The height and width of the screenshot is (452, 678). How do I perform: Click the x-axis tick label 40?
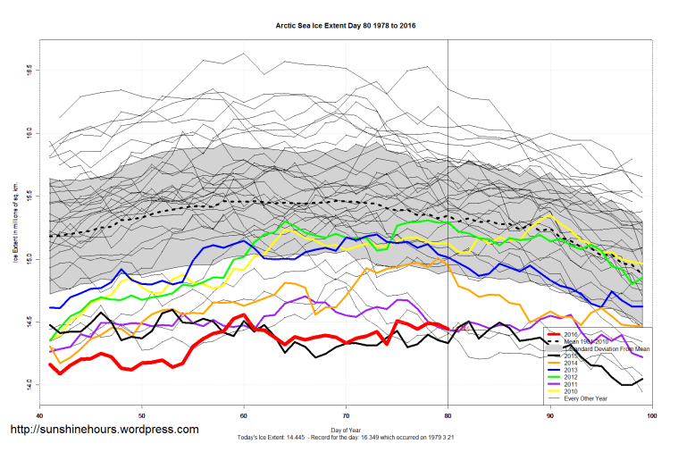(x=39, y=416)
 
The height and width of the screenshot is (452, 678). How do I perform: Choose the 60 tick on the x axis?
(x=244, y=416)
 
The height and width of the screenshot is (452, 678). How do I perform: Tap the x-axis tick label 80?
(x=448, y=416)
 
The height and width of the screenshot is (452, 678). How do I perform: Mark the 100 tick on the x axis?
(x=651, y=416)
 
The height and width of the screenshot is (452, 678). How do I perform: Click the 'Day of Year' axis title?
(x=346, y=431)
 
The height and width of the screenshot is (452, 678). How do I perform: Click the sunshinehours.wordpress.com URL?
(x=104, y=430)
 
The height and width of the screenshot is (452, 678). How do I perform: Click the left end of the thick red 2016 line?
(x=50, y=364)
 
